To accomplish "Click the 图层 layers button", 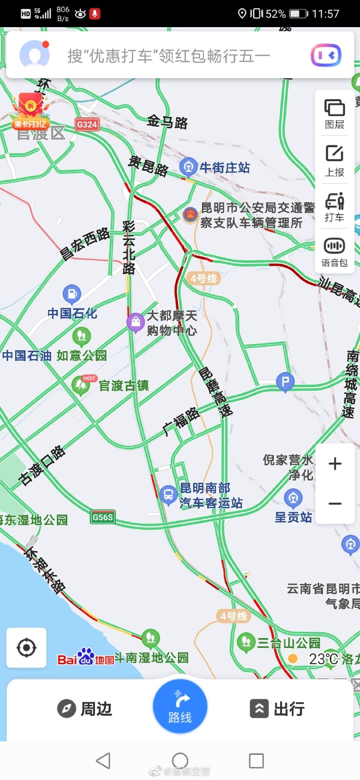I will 334,114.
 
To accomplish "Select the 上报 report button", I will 334,160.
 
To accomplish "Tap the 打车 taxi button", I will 334,206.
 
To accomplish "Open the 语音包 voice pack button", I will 334,251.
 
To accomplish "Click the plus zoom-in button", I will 335,463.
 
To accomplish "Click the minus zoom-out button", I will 335,503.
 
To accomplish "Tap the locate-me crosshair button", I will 26,648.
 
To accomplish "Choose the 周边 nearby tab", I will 85,709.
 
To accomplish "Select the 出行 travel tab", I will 277,709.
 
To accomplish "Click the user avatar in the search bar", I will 34,55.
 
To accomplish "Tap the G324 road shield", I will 87,124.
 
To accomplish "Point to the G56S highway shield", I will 102,517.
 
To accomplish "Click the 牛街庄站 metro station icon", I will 188,167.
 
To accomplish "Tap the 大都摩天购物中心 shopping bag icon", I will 136,322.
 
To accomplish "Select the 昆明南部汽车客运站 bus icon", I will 169,495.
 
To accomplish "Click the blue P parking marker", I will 285,382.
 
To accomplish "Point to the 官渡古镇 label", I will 124,386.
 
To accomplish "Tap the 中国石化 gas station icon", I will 72,295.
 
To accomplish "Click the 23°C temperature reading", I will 323,658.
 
